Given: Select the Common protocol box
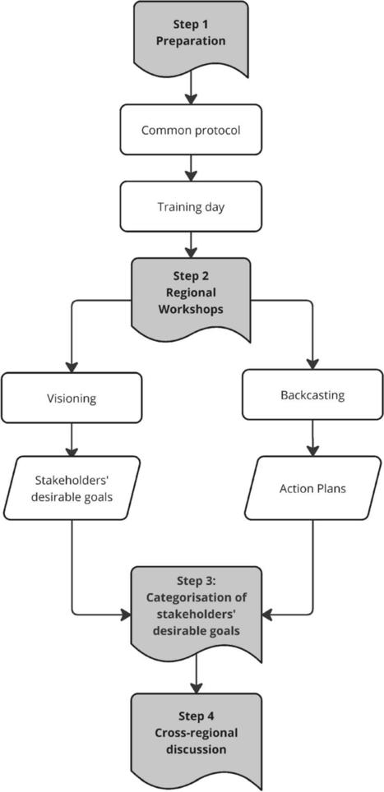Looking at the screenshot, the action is [x=191, y=130].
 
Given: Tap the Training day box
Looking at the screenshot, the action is [x=191, y=206].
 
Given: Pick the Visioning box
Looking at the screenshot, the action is [x=72, y=398].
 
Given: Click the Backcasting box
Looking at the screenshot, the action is [x=312, y=394].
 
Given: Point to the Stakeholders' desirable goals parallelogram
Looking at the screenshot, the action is [x=72, y=488].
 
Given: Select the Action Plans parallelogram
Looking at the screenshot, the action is [x=312, y=488].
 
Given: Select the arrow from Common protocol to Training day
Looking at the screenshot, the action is [x=191, y=168].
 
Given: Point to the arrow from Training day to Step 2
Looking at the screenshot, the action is [x=191, y=245].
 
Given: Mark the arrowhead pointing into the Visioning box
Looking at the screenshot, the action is [x=72, y=366].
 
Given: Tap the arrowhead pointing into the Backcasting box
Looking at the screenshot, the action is [x=312, y=364].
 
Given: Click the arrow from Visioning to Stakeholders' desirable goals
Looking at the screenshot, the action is [x=72, y=440].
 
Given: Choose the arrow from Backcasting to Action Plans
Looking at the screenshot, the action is [x=312, y=438].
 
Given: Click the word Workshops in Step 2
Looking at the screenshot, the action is [x=191, y=309].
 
